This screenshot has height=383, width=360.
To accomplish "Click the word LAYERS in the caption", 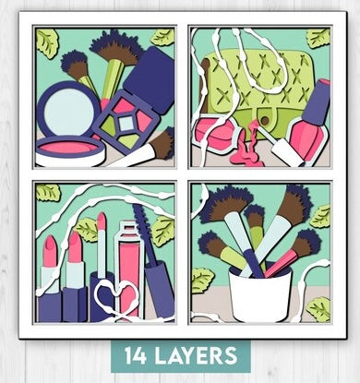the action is click(x=196, y=355).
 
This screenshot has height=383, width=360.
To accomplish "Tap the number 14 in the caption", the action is click(x=135, y=355).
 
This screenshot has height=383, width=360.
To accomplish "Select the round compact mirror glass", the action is click(x=68, y=108).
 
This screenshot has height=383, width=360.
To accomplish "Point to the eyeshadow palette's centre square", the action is click(x=126, y=124).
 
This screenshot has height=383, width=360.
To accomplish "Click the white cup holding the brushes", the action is click(x=260, y=292).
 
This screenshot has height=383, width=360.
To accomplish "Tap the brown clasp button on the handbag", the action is click(x=264, y=120).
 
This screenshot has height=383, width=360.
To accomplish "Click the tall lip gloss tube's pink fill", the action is click(x=129, y=270).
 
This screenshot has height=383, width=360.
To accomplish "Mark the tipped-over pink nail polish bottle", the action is click(x=214, y=133).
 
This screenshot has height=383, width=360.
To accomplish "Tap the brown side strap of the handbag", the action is click(x=205, y=86).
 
